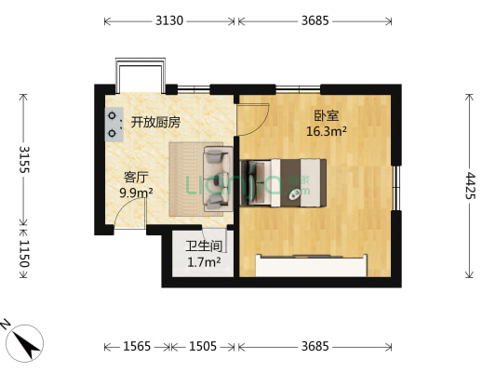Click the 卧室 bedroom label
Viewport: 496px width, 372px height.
[x=326, y=116]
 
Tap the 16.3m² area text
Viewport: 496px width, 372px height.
[x=326, y=131]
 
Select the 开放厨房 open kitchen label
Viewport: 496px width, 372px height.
[x=154, y=122]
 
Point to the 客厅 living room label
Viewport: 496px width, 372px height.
[x=137, y=178]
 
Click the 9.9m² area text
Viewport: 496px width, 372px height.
[x=137, y=193]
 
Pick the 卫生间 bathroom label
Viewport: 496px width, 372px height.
[x=203, y=246]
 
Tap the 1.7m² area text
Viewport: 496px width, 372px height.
[x=203, y=262]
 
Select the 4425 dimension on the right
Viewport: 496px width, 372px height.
[x=471, y=185]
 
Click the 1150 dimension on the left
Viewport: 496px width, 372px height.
[x=23, y=254]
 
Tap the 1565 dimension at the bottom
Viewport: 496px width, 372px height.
[x=137, y=346]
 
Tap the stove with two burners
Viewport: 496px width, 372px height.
[x=114, y=125]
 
